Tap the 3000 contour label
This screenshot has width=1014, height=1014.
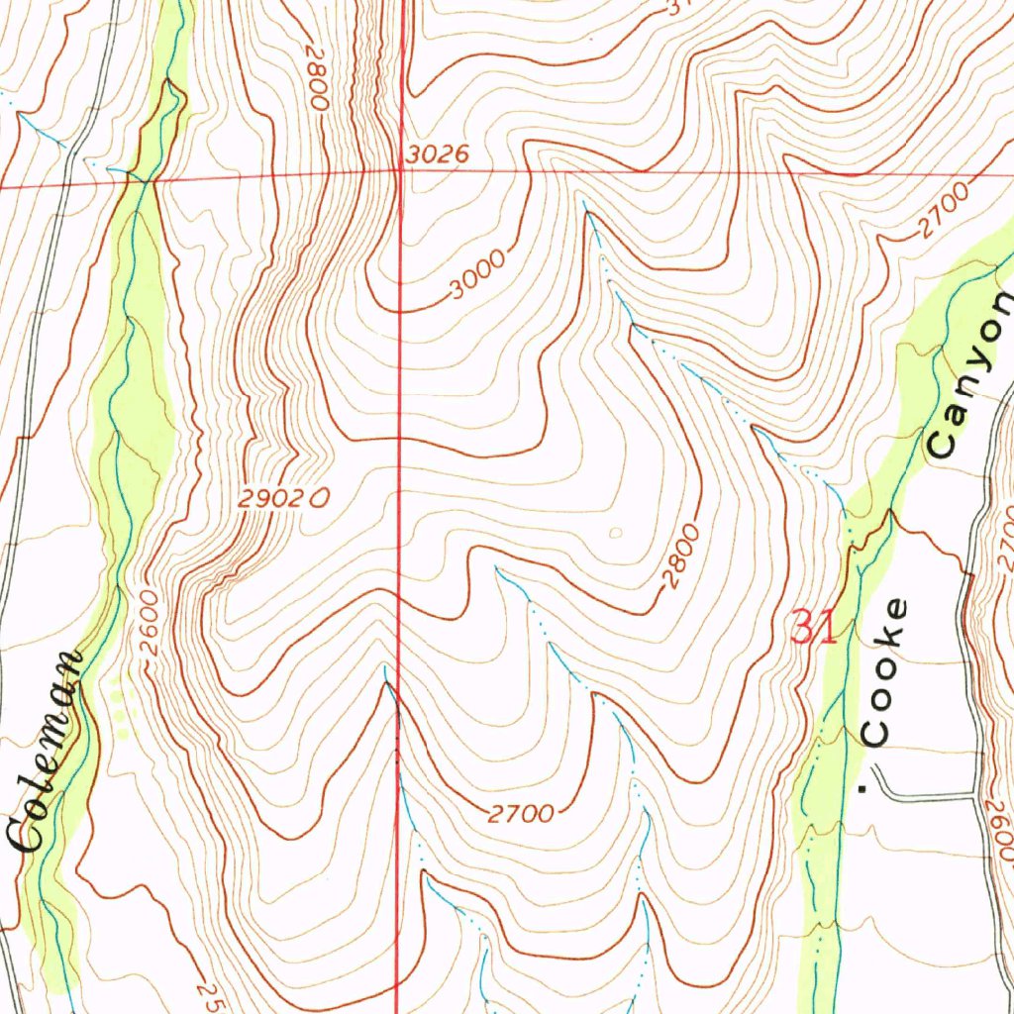coord(476,275)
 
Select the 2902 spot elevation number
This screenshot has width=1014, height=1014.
coord(268,501)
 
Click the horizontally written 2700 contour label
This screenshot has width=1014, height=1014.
coord(521,814)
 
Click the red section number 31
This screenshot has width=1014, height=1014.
coord(815,627)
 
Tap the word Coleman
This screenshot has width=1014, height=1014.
coord(49,752)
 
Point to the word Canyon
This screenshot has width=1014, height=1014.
coord(970,375)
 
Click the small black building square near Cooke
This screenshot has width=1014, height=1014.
coord(862,788)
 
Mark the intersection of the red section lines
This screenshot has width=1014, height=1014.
coord(400,172)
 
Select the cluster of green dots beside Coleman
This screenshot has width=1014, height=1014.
coord(121,705)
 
